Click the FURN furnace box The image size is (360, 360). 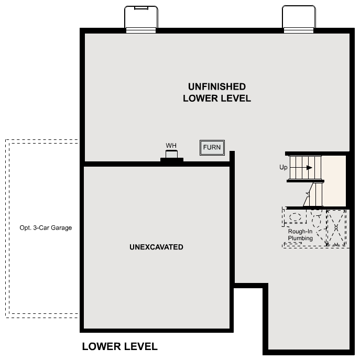[212, 148]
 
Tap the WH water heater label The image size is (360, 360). [171, 145]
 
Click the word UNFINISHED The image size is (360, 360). [217, 86]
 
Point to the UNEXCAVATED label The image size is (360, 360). [156, 247]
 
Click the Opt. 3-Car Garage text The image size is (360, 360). [46, 228]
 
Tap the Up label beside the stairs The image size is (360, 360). [283, 168]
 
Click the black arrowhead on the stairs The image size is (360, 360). [310, 168]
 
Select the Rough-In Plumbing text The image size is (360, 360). [300, 235]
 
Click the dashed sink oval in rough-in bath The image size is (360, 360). [296, 216]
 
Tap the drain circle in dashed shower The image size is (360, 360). [336, 227]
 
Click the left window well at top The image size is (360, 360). [141, 19]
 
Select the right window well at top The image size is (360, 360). [299, 19]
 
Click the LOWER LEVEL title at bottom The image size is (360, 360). [119, 346]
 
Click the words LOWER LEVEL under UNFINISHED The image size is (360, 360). [217, 99]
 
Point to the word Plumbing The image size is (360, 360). [300, 238]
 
